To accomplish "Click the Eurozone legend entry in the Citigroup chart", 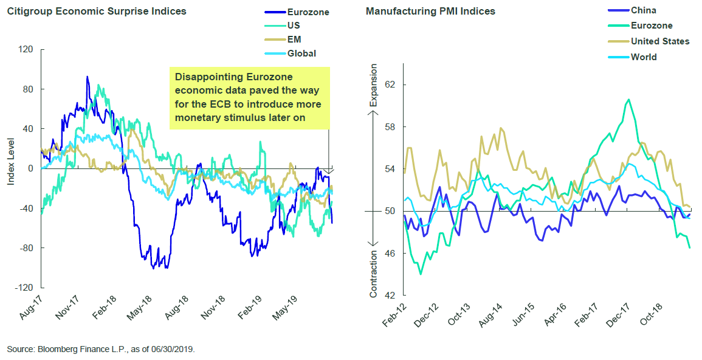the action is [x=297, y=12].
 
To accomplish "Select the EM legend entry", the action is [x=283, y=40].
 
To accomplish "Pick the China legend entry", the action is [x=626, y=10].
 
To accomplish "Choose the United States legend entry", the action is [x=649, y=41].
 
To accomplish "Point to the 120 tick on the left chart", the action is [x=26, y=49].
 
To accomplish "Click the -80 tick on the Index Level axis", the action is [x=25, y=248].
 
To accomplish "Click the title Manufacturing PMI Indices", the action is [x=430, y=11].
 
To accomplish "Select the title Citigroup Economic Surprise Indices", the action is [x=97, y=11].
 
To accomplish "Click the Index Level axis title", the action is [x=11, y=162].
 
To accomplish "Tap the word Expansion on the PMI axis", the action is [x=373, y=85].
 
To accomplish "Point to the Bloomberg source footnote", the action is [x=101, y=349].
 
